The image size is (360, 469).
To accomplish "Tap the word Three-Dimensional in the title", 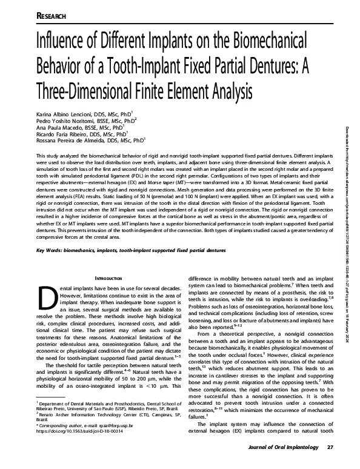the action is tap(88, 91).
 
